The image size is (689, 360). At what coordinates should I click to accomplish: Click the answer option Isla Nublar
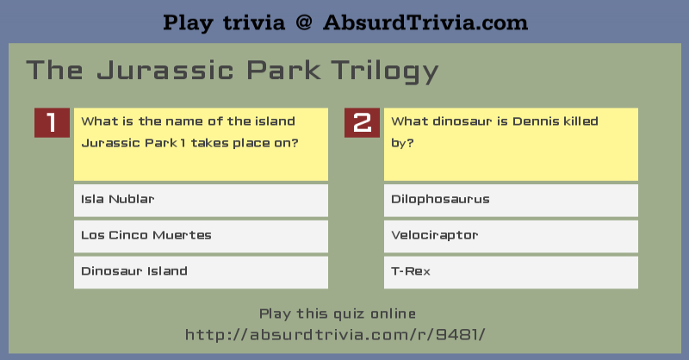[201, 200]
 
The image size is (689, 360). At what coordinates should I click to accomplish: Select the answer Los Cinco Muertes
[201, 236]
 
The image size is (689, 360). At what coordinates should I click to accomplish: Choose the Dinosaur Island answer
[201, 272]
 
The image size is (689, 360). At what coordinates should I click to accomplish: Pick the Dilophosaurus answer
[511, 200]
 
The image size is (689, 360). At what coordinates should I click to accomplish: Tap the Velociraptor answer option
[511, 236]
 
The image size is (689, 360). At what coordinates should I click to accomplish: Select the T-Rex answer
[511, 272]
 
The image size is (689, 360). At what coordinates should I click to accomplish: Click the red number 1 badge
[52, 122]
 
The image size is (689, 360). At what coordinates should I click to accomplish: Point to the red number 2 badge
[362, 122]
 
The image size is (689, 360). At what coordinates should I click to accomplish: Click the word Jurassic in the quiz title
[165, 71]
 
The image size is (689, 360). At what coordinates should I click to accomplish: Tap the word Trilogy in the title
[385, 71]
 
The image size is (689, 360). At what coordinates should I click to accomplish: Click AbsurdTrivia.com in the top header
[425, 22]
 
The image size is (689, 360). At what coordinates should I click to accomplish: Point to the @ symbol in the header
[304, 23]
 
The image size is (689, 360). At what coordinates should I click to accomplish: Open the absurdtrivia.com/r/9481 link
[335, 335]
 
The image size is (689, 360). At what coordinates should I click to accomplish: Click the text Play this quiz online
[338, 313]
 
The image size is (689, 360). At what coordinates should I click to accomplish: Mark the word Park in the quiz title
[283, 71]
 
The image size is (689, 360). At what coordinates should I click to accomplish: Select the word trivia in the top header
[254, 23]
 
